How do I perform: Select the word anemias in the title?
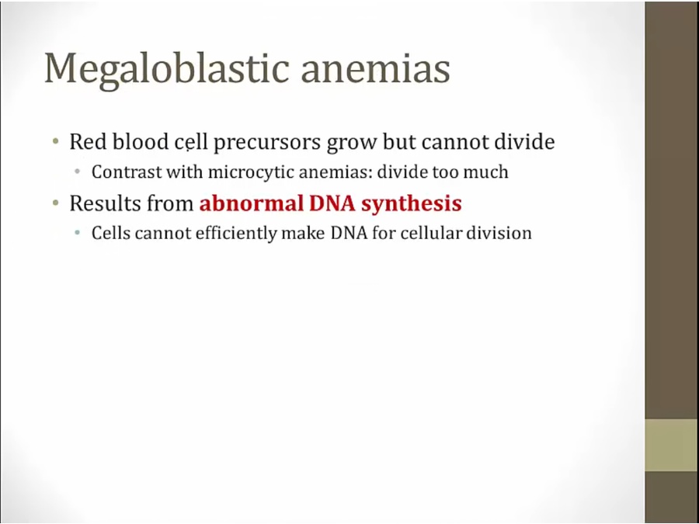point(376,69)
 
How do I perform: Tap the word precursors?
point(267,143)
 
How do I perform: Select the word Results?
point(101,203)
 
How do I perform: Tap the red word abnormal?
point(251,203)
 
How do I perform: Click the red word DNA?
point(332,203)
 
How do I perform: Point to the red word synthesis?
point(412,204)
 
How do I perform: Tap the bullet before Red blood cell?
point(55,142)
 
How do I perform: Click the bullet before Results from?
point(55,203)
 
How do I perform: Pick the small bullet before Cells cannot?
point(78,233)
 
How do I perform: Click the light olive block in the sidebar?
point(672,445)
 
